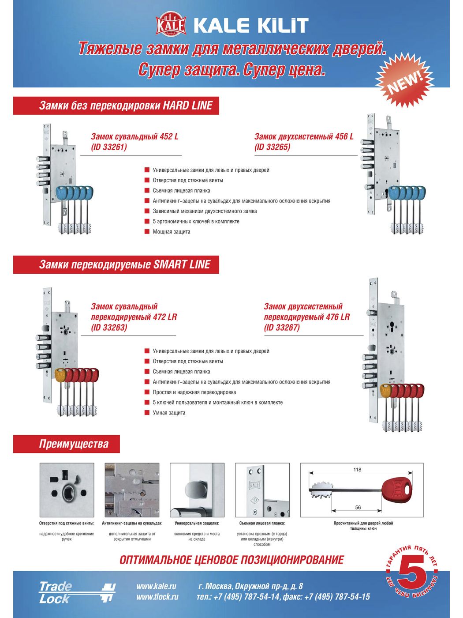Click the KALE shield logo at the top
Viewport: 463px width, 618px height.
tap(171, 26)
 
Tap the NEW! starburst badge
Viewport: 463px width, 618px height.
tap(404, 80)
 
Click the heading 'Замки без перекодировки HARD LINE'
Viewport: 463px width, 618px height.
tap(126, 106)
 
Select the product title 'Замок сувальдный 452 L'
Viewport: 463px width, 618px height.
tap(134, 137)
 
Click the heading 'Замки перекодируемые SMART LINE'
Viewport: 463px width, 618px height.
tap(125, 265)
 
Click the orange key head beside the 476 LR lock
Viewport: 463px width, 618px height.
tap(385, 391)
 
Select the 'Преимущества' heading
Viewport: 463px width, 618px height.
tap(74, 444)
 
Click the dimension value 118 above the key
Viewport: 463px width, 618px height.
tap(357, 470)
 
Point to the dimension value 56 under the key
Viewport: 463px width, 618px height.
tap(358, 508)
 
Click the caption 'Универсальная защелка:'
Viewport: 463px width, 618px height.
tap(197, 524)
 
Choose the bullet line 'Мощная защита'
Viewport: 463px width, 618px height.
tap(172, 232)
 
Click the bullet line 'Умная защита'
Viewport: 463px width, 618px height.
tap(169, 413)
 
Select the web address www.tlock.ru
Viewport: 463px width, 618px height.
tap(157, 597)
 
